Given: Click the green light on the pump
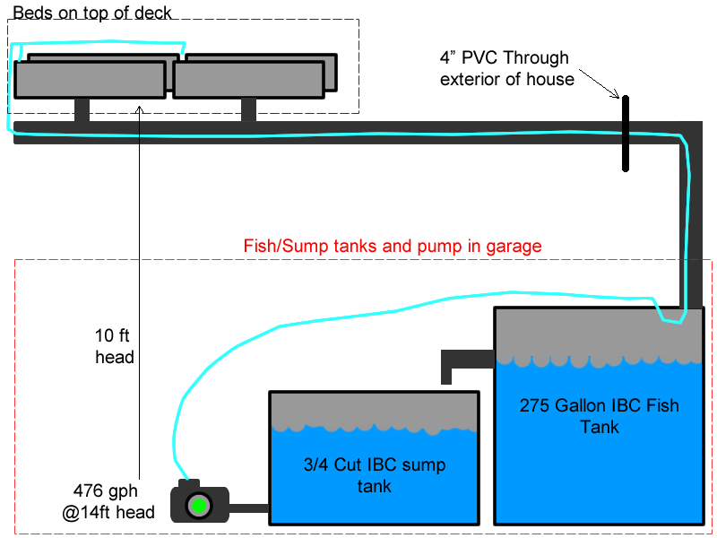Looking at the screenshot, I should pos(196,507).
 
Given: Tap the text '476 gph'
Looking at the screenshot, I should pos(112,492).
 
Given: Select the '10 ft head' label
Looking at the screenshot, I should pos(115,347).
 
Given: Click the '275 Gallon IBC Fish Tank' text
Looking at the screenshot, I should pos(599,416).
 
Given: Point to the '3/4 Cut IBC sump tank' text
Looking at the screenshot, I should pos(374,475).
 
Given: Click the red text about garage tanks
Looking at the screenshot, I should pos(393,246).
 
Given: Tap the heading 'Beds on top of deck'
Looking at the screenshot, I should pos(91,12).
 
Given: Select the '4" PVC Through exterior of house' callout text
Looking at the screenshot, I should pos(506,68).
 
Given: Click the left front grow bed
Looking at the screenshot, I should pos(90,79).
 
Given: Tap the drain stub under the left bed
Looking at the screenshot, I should pos(82,109).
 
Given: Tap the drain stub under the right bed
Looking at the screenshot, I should pos(248,109).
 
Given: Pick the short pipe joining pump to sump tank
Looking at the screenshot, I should pos(250,508).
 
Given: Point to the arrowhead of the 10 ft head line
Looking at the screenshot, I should pos(140,107).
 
